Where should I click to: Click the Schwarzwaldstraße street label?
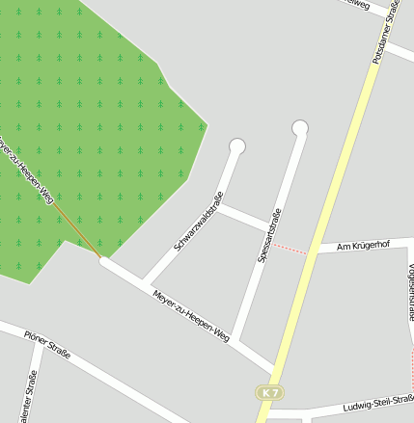[199, 223]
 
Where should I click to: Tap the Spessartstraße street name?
[268, 236]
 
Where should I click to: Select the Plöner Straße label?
[48, 342]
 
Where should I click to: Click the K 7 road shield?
[269, 392]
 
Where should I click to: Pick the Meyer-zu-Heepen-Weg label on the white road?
[191, 315]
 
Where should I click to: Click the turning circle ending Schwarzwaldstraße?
[237, 146]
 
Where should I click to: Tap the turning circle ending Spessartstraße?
[300, 127]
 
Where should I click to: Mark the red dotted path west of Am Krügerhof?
[290, 248]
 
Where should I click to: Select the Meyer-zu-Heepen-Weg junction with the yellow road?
[275, 369]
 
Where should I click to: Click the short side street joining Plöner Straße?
[35, 385]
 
